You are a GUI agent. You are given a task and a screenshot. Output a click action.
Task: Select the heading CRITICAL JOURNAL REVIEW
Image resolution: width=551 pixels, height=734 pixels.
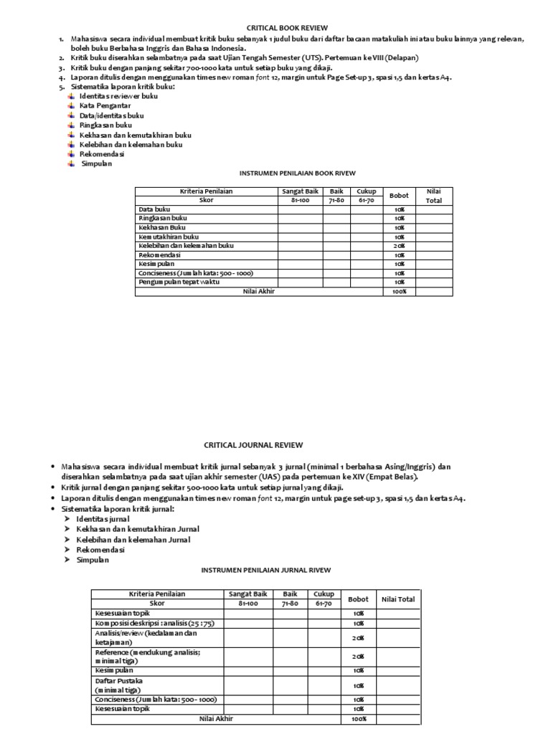click(x=254, y=444)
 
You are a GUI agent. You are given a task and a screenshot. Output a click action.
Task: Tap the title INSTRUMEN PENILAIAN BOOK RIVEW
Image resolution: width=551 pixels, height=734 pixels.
click(x=296, y=173)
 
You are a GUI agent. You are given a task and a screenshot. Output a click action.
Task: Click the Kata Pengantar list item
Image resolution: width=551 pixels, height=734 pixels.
click(x=100, y=105)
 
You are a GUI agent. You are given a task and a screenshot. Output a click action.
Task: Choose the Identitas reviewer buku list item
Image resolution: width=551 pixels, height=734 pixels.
click(x=118, y=95)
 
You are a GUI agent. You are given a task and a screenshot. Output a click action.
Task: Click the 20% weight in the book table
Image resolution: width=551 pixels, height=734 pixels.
click(x=398, y=246)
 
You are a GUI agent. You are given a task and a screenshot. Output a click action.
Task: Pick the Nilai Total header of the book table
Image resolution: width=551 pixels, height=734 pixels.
click(x=433, y=196)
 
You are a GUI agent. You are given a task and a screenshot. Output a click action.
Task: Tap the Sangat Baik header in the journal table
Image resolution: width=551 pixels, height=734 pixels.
click(x=248, y=594)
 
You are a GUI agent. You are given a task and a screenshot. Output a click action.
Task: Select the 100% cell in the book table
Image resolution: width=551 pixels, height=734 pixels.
click(x=398, y=292)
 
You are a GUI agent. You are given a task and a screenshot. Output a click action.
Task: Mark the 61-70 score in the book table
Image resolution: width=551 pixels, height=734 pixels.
click(x=366, y=201)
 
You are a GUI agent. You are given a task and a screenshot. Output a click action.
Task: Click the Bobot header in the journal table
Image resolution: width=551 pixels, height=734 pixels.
click(x=358, y=599)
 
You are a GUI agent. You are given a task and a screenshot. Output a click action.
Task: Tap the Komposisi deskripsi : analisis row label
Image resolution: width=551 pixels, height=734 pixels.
click(x=154, y=624)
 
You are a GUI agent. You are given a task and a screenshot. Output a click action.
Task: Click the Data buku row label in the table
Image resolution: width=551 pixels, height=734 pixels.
click(x=154, y=209)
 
